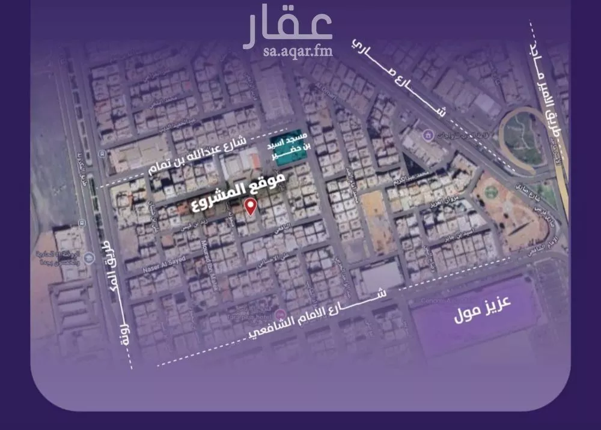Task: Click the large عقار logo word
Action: [288, 28]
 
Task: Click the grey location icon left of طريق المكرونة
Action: [89, 259]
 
